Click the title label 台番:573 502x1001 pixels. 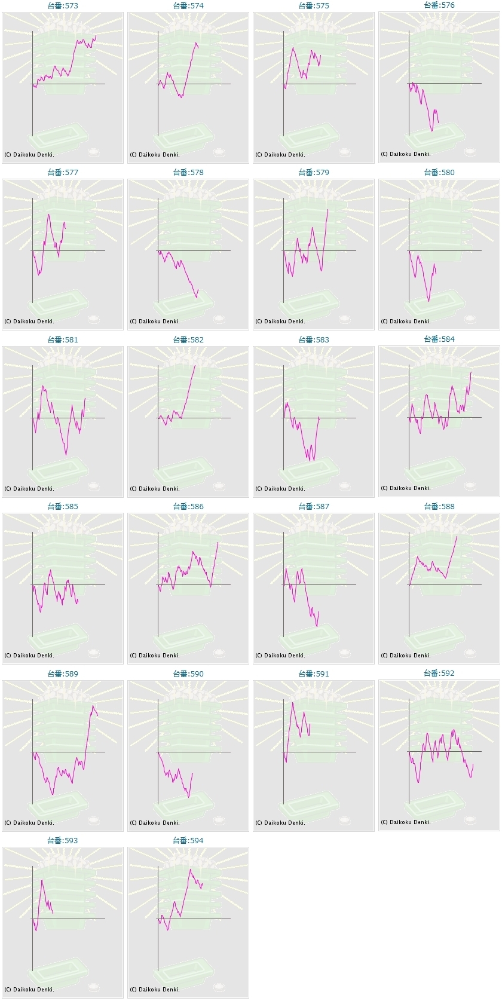coord(63,5)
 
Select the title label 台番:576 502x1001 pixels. coord(439,5)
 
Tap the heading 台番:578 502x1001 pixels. coord(188,172)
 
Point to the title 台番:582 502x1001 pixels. coord(188,339)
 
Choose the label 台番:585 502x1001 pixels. coord(63,506)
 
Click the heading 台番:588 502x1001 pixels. coord(439,506)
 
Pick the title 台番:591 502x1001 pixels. coord(314,674)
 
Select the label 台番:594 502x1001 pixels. coord(188,840)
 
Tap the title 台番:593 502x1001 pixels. coord(63,840)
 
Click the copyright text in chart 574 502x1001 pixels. coord(155,155)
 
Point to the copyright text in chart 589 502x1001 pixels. coord(29,823)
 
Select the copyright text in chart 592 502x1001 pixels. coord(406,822)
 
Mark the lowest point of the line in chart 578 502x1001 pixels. coord(197,298)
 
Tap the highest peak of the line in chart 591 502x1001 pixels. coord(293,702)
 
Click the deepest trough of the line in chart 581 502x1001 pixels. coord(66,455)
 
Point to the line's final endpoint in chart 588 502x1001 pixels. coord(457,537)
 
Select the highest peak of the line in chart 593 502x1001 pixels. coord(42,880)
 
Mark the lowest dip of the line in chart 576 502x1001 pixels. coord(431,131)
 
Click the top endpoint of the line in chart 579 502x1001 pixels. coord(327,210)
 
